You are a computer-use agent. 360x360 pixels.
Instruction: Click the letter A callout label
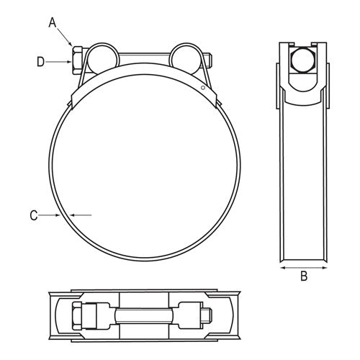[x=51, y=23]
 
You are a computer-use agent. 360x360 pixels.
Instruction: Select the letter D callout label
[x=41, y=62]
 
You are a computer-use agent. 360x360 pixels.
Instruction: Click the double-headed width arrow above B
[x=303, y=266]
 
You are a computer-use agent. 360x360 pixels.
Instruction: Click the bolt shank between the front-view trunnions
[x=140, y=57]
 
